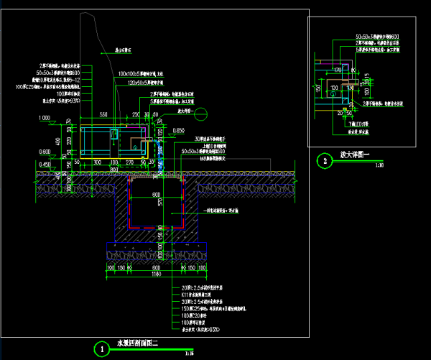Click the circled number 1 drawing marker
103,348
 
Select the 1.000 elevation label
45,116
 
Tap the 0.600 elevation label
45,152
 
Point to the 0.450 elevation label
45,165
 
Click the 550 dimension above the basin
103,115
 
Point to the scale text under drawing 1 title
189,353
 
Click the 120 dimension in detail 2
334,86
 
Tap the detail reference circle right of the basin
203,113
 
